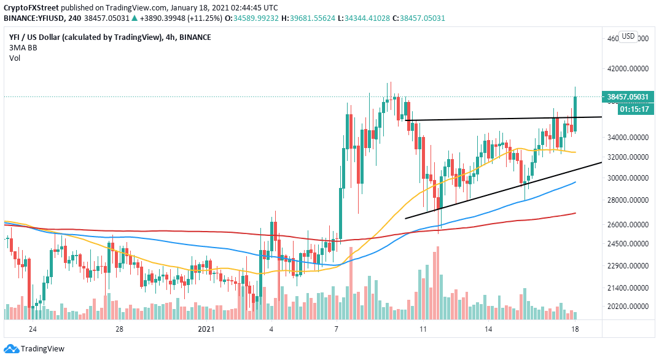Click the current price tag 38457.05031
coord(632,96)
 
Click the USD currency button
coord(628,36)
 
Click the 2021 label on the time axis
coord(206,329)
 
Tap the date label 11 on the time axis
coord(423,329)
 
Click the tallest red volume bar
coord(438,283)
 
